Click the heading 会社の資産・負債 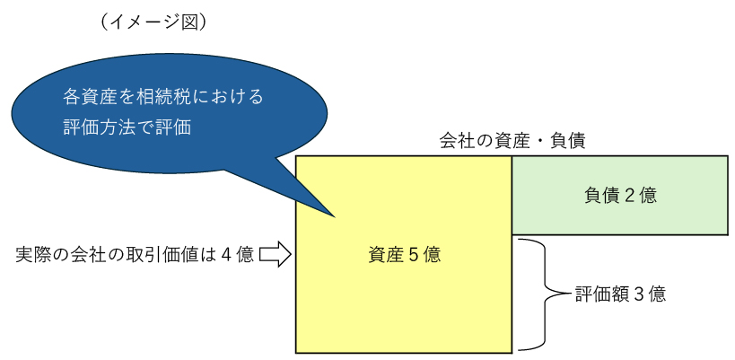coord(512,142)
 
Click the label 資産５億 coord(404,255)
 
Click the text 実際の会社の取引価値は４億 coord(135,255)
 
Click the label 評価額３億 coord(619,294)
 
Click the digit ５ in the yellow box coord(415,255)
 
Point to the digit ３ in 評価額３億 coord(640,294)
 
